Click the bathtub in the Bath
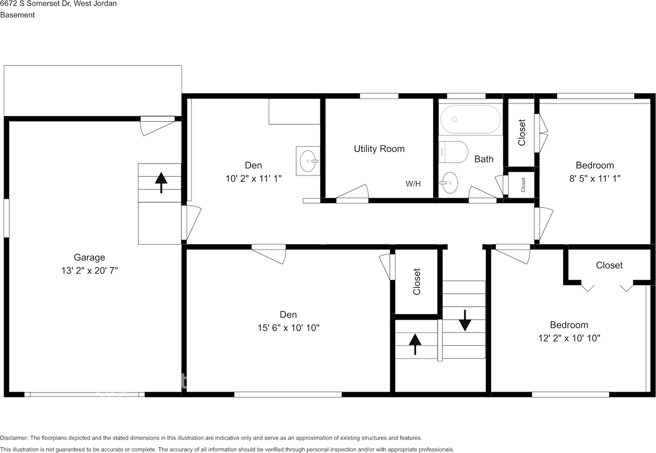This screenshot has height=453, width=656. (x=470, y=120)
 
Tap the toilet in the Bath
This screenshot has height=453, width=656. (x=454, y=152)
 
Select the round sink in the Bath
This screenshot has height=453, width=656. (x=449, y=183)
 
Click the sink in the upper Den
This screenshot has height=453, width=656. (x=308, y=161)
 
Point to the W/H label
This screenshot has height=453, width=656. (x=413, y=184)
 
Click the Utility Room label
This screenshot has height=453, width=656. (x=379, y=149)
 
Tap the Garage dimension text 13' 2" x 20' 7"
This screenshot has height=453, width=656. (x=90, y=271)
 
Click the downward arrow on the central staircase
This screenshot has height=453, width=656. (x=465, y=321)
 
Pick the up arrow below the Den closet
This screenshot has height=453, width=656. (x=415, y=345)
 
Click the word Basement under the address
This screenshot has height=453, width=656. (x=17, y=15)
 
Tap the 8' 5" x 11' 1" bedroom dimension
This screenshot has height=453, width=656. (x=595, y=179)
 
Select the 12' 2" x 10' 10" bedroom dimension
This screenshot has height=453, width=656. (x=569, y=338)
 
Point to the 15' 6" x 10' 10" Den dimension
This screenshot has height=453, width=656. (x=289, y=328)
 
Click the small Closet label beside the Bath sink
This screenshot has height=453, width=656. (x=523, y=185)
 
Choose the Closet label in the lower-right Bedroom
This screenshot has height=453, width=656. (x=609, y=265)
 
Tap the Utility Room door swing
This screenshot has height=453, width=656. (x=353, y=191)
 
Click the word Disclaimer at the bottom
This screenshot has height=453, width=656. (x=14, y=438)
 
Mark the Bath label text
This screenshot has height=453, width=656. (x=484, y=159)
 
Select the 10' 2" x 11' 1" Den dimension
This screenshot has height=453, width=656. (x=254, y=179)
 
